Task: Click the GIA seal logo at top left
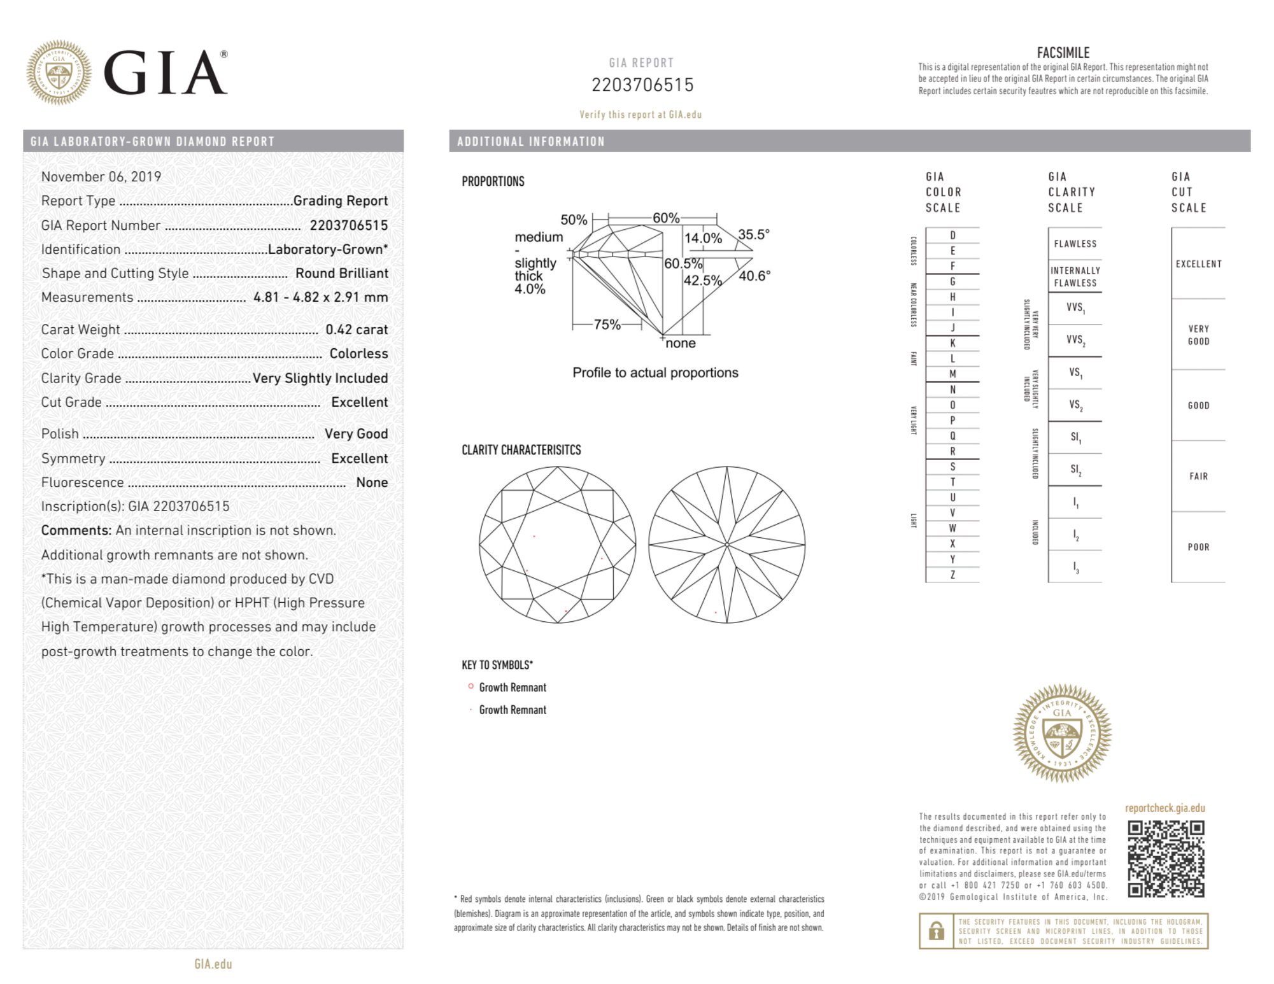tap(58, 73)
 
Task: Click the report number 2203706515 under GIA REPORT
tap(642, 85)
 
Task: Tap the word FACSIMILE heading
tap(1063, 53)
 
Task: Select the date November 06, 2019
tap(101, 177)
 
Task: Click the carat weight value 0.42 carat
tap(356, 330)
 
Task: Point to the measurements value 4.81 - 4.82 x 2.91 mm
tap(320, 297)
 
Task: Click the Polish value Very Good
tap(356, 434)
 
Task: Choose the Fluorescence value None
tap(372, 482)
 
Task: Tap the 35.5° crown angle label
tap(753, 234)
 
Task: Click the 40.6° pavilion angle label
tap(754, 276)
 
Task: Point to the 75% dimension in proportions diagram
tap(606, 325)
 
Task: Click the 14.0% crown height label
tap(703, 238)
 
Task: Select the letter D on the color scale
tap(952, 235)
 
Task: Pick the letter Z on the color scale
tap(952, 575)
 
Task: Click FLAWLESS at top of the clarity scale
tap(1075, 244)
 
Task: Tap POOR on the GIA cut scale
tap(1198, 547)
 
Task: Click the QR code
tap(1166, 859)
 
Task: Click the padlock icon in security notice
tap(936, 931)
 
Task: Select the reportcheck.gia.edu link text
tap(1164, 808)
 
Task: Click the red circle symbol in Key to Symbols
tap(471, 686)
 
